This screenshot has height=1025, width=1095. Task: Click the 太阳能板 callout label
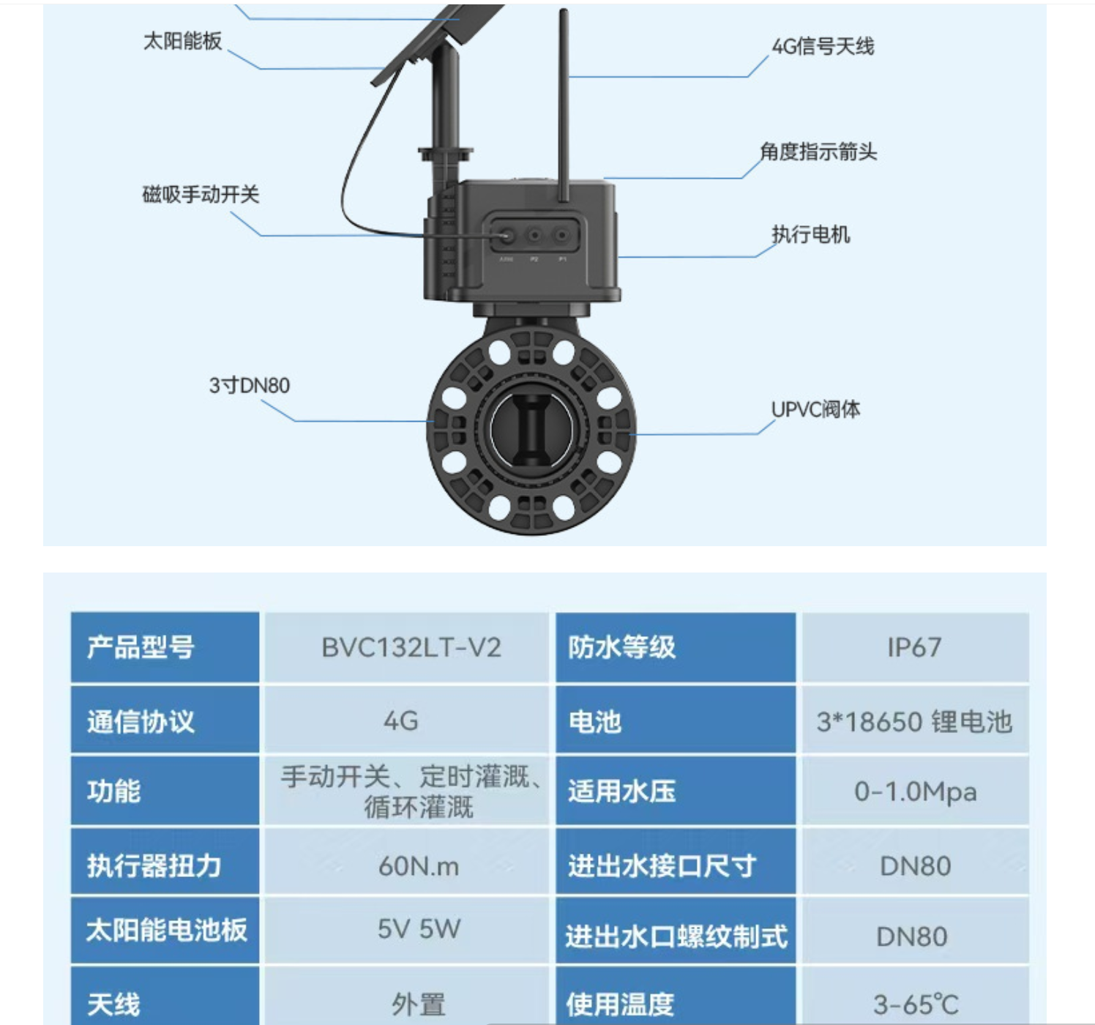182,41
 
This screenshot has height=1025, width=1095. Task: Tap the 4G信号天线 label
823,46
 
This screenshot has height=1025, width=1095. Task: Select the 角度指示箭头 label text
818,151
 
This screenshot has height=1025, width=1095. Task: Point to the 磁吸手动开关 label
201,194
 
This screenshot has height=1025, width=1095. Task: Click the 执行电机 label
810,234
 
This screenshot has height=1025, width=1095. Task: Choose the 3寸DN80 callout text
249,385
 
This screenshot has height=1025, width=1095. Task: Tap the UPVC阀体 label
815,409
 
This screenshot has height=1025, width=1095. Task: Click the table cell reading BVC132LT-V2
411,647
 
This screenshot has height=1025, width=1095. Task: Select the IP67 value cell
914,647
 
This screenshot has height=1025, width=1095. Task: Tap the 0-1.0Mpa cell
915,792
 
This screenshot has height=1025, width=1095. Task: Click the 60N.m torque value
419,866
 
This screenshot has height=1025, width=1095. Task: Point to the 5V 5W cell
419,929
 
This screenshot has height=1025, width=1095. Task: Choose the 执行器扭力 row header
154,865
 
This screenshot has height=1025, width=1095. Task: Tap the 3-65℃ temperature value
916,1004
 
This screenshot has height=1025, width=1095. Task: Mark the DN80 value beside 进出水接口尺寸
915,866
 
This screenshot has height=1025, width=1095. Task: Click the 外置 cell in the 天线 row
419,1004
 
